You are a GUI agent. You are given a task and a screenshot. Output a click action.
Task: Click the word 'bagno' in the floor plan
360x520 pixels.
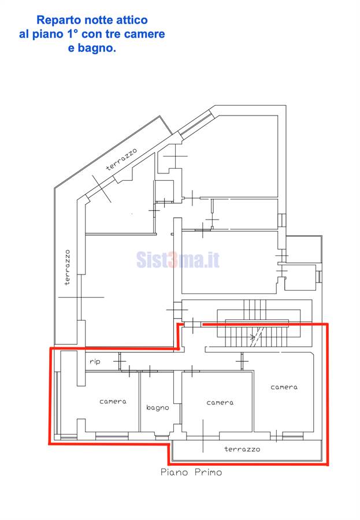158,407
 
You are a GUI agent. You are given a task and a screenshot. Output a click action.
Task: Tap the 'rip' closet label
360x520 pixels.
95,362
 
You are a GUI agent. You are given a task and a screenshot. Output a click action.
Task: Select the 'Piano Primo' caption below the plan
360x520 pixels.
191,472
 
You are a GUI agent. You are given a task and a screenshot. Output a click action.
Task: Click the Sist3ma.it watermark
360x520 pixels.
178,259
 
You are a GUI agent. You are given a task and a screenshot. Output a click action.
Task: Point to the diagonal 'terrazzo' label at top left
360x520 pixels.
122,159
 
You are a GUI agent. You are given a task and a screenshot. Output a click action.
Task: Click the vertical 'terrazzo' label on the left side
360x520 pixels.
68,268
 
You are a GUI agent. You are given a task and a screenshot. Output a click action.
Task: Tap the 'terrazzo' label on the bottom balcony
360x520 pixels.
242,449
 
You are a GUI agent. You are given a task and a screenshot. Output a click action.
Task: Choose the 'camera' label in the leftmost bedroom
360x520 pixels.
113,402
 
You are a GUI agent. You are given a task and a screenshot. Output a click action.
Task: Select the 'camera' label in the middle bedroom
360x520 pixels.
220,403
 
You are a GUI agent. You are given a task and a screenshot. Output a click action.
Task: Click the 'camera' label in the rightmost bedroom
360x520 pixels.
284,387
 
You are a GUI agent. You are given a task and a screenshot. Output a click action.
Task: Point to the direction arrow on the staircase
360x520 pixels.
253,337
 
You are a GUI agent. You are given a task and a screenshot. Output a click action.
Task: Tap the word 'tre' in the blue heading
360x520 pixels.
116,34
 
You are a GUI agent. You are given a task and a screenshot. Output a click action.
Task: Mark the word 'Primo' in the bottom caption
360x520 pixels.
209,472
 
